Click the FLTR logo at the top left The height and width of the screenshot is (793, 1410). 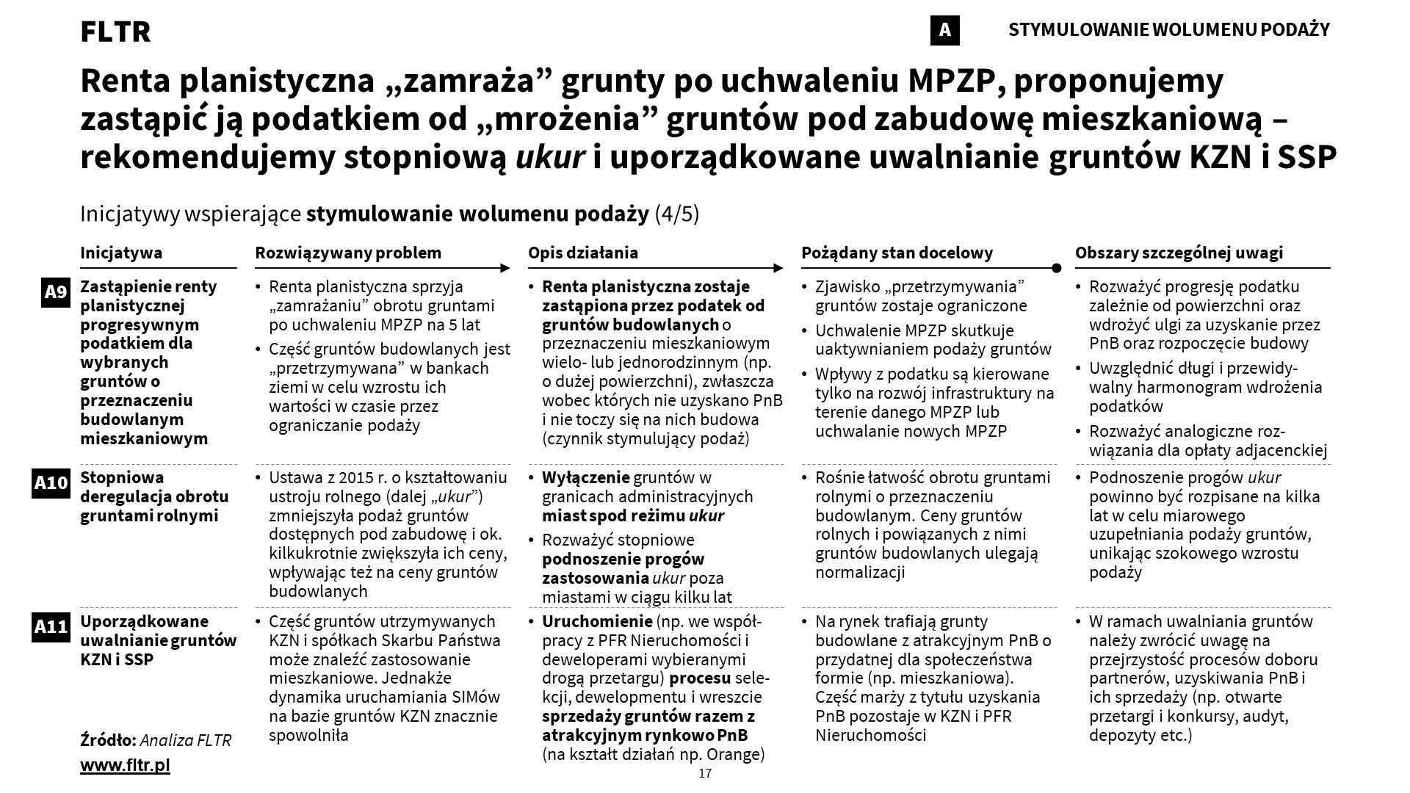(115, 32)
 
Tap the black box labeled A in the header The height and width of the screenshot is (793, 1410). (944, 30)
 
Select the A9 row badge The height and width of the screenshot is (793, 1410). (56, 293)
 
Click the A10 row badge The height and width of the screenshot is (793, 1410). (51, 483)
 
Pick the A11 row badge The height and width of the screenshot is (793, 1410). (51, 627)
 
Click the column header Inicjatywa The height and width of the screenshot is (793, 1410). (121, 253)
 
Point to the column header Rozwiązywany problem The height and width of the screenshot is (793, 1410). (348, 253)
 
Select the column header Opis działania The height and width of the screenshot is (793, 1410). (583, 253)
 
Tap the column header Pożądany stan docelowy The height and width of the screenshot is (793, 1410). (897, 253)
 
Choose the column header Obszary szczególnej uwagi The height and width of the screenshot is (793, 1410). (1179, 253)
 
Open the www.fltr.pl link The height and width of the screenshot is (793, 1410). (125, 765)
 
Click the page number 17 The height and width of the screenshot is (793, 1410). (705, 774)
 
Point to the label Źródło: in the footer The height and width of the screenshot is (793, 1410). (108, 740)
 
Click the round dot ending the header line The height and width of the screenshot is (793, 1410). (1057, 268)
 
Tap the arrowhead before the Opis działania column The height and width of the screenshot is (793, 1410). (505, 268)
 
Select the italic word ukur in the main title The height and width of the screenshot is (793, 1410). (550, 157)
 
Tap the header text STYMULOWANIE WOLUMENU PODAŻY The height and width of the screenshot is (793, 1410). (1169, 30)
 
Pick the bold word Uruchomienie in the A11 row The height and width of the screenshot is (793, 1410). (597, 621)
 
